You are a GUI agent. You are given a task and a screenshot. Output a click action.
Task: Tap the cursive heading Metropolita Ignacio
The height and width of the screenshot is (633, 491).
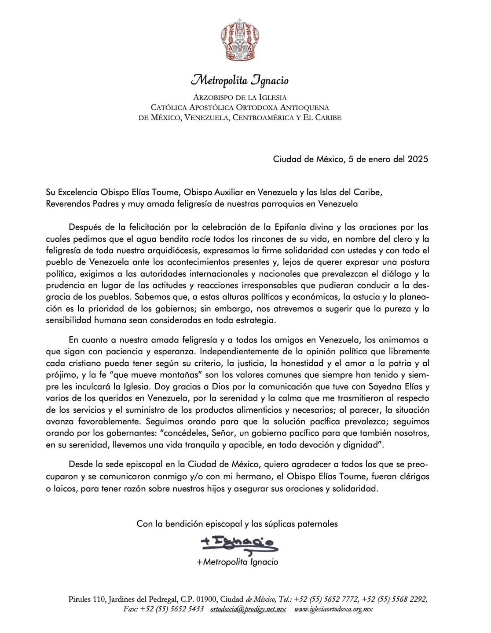click(240, 81)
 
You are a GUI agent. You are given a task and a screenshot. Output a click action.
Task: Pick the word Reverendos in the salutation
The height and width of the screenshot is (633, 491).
click(66, 204)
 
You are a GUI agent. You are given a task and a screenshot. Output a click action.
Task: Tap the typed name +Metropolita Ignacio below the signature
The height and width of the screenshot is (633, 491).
click(238, 562)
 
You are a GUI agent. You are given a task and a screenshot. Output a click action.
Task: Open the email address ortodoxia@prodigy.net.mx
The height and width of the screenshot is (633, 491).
click(248, 609)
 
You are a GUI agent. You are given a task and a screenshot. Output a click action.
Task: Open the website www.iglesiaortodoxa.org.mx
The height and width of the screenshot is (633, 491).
click(333, 609)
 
